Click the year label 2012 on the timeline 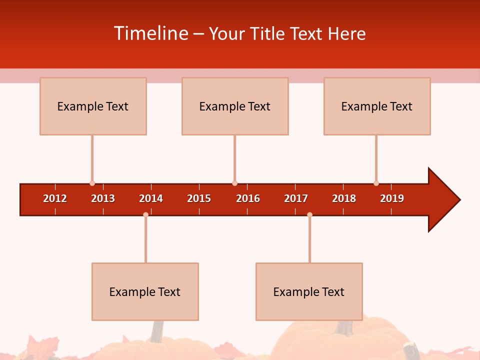(55, 198)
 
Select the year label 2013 (103, 198)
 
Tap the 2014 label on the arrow (151, 198)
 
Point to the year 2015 (199, 198)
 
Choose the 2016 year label (248, 198)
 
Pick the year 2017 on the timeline (296, 198)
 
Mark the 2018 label (344, 198)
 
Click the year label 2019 (392, 198)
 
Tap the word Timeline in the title (150, 33)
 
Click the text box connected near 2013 (93, 106)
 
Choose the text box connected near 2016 (235, 106)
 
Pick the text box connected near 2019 (377, 106)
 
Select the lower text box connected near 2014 (145, 291)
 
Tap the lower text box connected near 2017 (309, 291)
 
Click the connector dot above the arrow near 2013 (92, 183)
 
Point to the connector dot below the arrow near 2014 (145, 214)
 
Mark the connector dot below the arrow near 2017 (309, 214)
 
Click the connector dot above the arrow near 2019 (376, 183)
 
